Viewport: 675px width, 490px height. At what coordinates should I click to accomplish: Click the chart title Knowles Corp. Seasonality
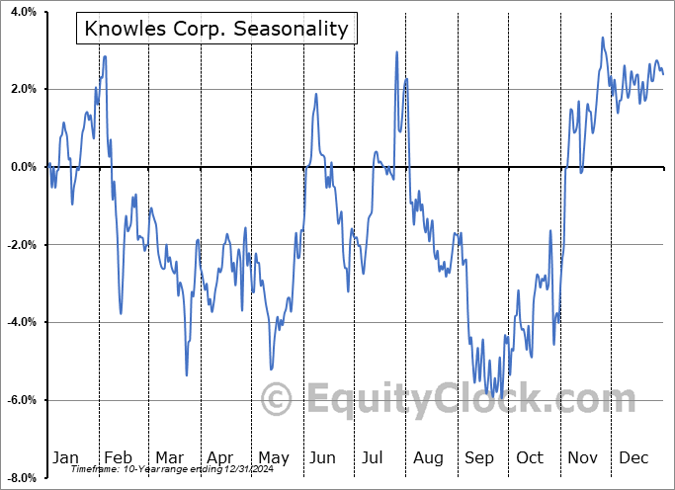tap(216, 28)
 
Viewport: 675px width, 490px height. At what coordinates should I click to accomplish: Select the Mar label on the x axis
tap(169, 457)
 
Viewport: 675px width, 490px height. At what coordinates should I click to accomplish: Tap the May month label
tap(273, 457)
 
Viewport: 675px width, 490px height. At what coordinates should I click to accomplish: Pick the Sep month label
tap(479, 457)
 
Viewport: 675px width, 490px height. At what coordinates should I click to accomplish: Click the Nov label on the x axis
tap(583, 457)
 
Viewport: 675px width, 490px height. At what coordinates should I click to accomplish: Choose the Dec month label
tap(634, 457)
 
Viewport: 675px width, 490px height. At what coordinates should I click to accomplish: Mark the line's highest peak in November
tap(603, 39)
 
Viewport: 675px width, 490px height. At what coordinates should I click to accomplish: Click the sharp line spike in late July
tap(396, 52)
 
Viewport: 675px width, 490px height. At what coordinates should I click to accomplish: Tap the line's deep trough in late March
tap(187, 374)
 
